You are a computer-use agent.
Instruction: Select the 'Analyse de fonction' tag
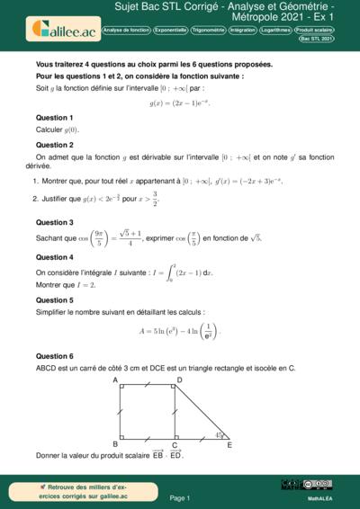click(126, 30)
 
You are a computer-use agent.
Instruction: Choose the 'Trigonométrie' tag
click(209, 30)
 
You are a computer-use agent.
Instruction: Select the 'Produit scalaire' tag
click(311, 30)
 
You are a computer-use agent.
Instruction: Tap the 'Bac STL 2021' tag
click(317, 40)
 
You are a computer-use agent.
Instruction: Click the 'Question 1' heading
click(54, 118)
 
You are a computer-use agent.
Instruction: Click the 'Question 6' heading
click(54, 356)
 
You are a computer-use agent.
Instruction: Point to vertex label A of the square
click(115, 380)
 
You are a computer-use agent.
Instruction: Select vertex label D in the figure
click(180, 380)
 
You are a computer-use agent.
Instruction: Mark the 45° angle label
click(217, 435)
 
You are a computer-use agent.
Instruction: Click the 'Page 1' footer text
click(180, 497)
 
